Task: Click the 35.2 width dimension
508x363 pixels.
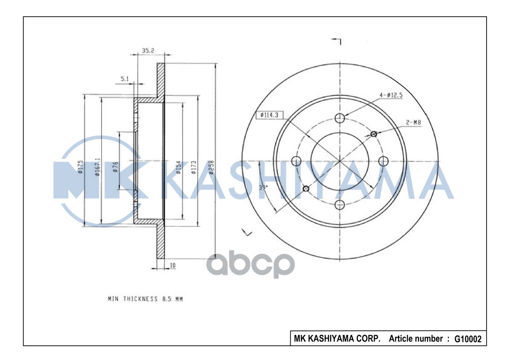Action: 148,51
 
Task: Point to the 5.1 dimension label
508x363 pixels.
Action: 125,79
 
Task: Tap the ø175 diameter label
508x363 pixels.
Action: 80,167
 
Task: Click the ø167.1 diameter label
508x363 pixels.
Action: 97,167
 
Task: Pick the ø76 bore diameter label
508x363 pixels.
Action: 115,167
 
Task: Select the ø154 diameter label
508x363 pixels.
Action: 178,167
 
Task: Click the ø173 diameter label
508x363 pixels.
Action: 193,167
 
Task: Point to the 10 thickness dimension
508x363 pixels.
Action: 173,265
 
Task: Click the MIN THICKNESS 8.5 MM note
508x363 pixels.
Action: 145,299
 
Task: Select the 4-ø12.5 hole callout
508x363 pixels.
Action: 391,95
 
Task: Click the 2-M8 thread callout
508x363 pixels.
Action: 414,122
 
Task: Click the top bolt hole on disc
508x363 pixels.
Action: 340,118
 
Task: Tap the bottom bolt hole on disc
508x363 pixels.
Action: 340,205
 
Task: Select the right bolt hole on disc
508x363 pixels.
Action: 384,161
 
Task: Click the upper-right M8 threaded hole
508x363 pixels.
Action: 374,133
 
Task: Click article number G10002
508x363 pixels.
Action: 467,339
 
